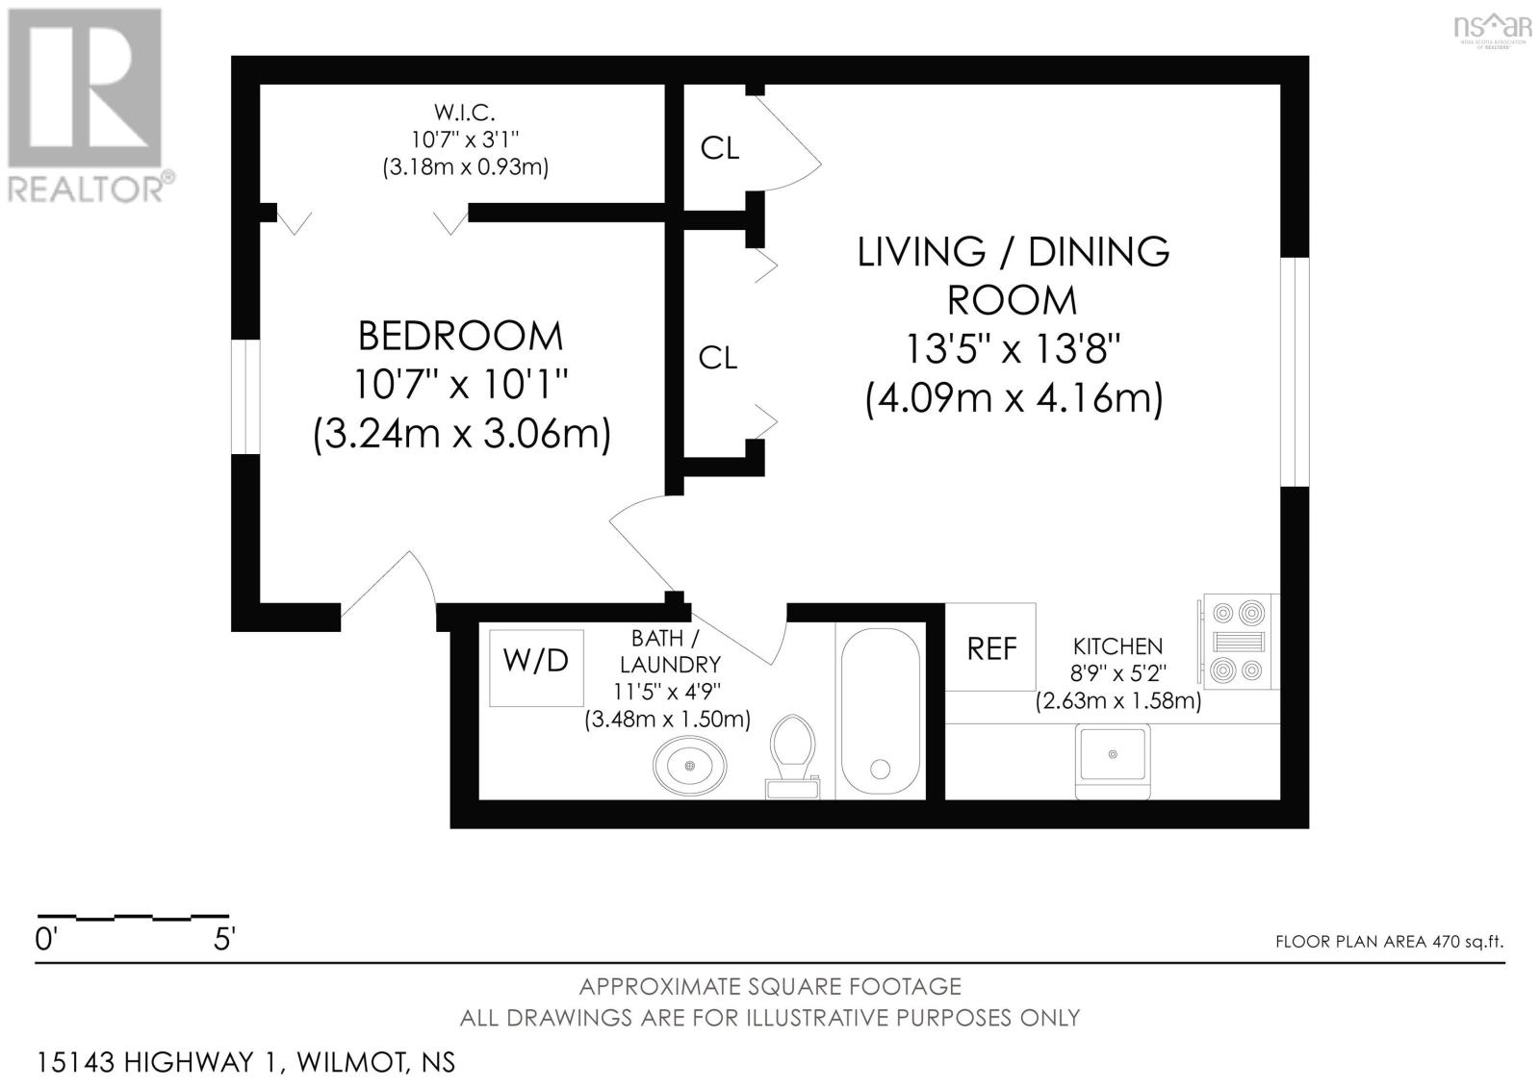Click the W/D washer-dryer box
(536, 668)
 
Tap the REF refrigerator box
(990, 647)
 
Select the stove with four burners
(1239, 642)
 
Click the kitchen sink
(1113, 762)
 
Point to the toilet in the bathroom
(793, 757)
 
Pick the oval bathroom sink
(689, 765)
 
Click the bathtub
(881, 711)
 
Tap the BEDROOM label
(461, 336)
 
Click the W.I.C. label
(465, 112)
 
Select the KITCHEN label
(1117, 646)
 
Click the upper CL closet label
(720, 148)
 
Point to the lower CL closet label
(718, 358)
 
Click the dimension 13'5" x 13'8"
(1013, 348)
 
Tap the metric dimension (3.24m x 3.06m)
(461, 435)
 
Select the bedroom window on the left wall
(245, 396)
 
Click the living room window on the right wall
(1295, 372)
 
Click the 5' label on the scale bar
(224, 939)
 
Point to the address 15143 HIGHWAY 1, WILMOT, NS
(245, 1062)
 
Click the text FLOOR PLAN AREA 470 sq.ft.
(1390, 941)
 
